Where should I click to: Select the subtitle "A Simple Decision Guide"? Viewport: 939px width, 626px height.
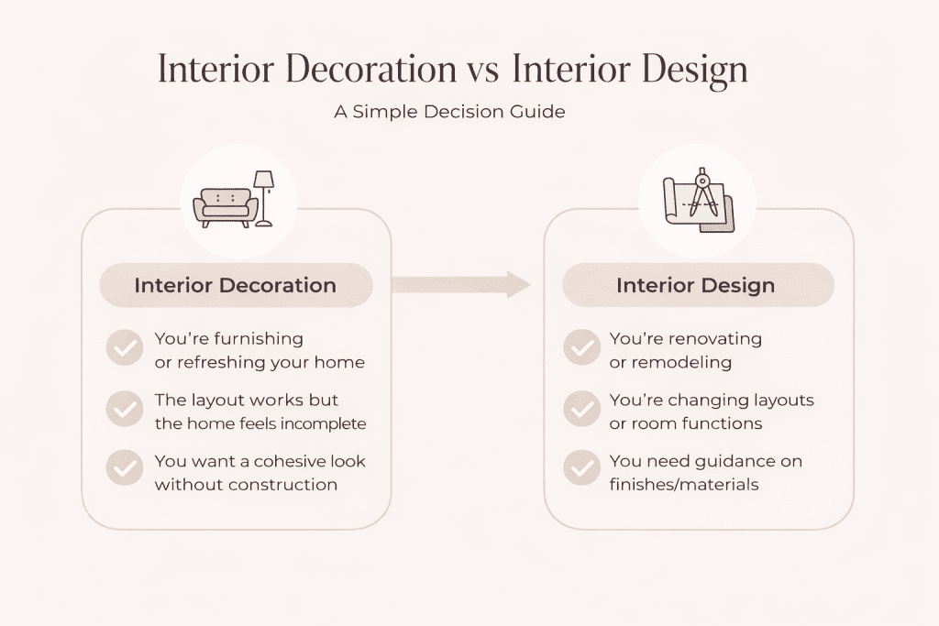(x=450, y=113)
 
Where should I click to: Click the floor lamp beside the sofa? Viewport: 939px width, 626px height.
(x=264, y=197)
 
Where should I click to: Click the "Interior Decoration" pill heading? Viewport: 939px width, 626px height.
(x=236, y=285)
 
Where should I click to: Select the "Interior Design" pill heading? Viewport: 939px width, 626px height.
(x=696, y=285)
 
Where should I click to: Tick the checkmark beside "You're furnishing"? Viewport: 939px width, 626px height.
(x=124, y=349)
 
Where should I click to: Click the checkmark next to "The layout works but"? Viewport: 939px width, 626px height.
(x=124, y=410)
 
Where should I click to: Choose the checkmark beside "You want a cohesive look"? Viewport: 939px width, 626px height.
(x=124, y=469)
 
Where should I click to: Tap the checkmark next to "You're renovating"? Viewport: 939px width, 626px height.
(x=581, y=349)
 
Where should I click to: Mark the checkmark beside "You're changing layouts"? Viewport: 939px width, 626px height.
(x=581, y=410)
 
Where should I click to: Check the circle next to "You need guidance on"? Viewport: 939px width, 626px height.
(x=581, y=469)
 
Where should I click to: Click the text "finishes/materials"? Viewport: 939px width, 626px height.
(x=684, y=484)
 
